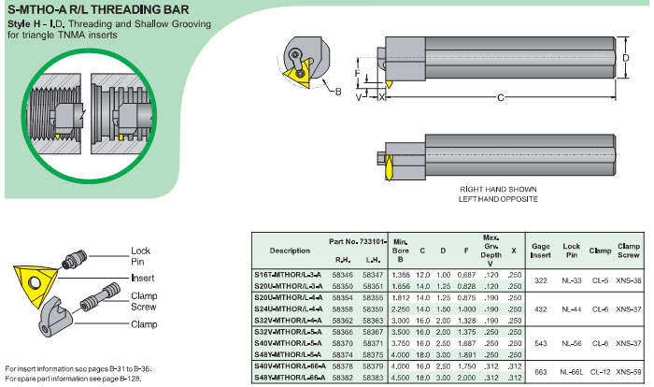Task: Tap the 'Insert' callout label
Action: click(x=141, y=279)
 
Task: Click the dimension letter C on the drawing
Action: click(x=501, y=97)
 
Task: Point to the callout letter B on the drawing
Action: click(x=338, y=92)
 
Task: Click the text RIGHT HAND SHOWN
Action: click(x=497, y=189)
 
